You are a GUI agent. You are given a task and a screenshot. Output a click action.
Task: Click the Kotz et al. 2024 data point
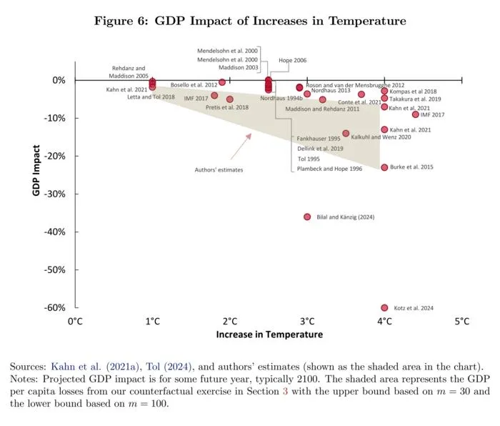coord(384,307)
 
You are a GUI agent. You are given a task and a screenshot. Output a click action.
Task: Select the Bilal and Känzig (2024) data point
coord(307,217)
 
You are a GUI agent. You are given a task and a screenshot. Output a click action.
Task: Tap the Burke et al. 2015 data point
coord(384,167)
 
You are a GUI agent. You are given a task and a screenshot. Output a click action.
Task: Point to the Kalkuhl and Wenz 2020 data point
coord(346,133)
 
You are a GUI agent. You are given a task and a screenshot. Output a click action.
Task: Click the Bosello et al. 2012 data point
coord(222,82)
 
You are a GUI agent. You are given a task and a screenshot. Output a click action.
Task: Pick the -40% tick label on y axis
coord(54,232)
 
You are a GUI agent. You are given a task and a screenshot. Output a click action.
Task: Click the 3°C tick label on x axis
coord(307,321)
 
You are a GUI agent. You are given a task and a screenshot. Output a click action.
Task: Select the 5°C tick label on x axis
coord(461,321)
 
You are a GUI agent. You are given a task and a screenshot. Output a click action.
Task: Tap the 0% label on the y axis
coord(59,80)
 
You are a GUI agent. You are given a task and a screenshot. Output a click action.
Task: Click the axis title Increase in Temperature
coord(269,335)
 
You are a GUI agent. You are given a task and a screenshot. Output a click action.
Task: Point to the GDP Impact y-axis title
coord(36,170)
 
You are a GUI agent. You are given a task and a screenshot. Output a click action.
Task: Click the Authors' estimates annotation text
coord(219,170)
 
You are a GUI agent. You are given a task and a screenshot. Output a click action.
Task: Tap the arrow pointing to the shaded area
coord(241,147)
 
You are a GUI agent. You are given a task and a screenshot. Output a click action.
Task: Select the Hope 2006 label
coord(292,60)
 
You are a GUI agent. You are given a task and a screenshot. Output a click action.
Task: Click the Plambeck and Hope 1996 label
coord(329,169)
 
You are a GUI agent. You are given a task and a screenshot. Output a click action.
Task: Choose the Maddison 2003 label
coord(238,68)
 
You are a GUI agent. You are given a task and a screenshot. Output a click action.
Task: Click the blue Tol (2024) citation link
coord(169,367)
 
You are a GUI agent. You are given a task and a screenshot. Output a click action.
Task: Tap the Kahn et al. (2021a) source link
coord(95,367)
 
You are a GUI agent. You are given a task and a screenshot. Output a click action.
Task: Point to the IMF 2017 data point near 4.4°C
coord(415,114)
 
